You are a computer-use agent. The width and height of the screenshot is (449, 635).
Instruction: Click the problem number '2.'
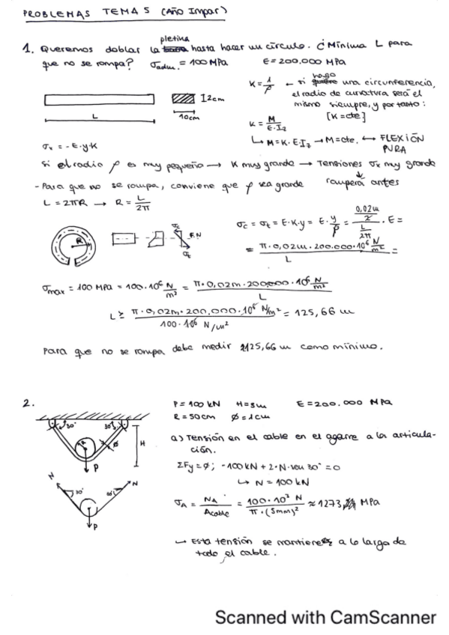[28, 404]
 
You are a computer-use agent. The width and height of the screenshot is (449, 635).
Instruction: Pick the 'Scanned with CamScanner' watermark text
[325, 618]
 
